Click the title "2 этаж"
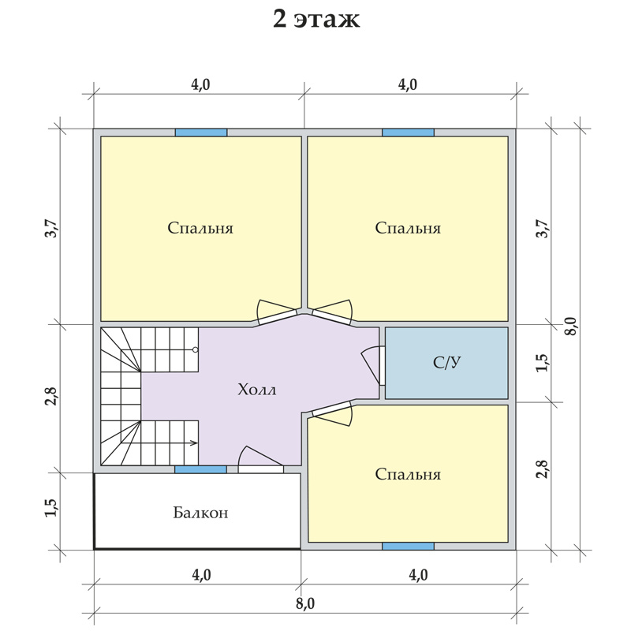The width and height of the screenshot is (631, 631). point(316,19)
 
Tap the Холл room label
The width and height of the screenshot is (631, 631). point(257,390)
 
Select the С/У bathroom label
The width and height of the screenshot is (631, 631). point(446,363)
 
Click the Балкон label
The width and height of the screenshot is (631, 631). point(200,513)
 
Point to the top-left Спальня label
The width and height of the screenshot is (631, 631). point(200,228)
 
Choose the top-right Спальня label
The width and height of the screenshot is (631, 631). point(408,228)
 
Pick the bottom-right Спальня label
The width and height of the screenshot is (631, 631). point(408,475)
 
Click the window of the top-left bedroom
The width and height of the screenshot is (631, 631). point(201,133)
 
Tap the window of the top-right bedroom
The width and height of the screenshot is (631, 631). point(408,133)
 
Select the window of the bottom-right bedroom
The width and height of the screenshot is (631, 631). point(408,546)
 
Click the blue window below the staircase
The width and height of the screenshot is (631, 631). point(200,469)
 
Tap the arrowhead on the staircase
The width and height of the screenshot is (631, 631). point(194,443)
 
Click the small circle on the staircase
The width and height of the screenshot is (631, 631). point(195,349)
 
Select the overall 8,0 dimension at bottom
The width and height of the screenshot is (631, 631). point(305,603)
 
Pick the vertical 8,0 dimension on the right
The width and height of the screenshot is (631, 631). point(571,327)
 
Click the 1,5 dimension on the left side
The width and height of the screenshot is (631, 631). point(52,508)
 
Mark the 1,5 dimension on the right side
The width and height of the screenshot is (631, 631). point(542,363)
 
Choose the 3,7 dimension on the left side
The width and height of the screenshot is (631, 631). point(52,228)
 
